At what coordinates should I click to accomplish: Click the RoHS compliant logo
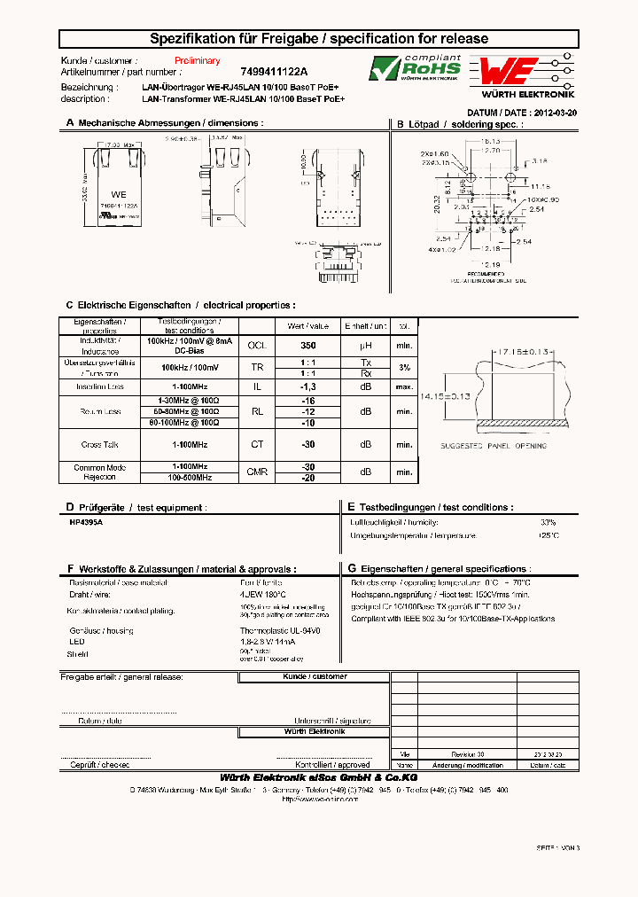[x=415, y=69]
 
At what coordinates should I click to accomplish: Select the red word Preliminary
[x=197, y=60]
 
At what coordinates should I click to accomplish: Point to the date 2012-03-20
[x=552, y=113]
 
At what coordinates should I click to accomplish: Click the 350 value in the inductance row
[x=307, y=345]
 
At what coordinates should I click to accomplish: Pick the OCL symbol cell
[x=256, y=345]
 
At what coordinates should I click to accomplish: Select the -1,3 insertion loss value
[x=307, y=387]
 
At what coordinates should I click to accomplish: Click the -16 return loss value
[x=307, y=402]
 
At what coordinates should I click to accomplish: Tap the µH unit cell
[x=365, y=345]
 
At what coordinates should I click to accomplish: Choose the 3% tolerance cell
[x=404, y=367]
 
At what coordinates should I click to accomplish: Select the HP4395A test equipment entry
[x=86, y=523]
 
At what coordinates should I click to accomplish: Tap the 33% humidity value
[x=548, y=523]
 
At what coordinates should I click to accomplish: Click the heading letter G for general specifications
[x=351, y=569]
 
